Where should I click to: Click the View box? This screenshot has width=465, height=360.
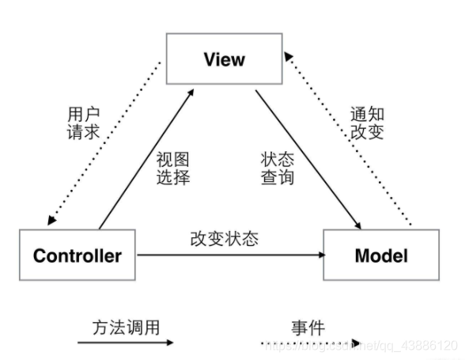tap(224, 60)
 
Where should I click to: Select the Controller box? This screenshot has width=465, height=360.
tap(77, 256)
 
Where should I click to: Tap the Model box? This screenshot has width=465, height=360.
tap(381, 256)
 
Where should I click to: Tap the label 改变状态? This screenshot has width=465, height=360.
tap(224, 238)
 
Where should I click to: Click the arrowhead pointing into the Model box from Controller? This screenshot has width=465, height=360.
tap(320, 256)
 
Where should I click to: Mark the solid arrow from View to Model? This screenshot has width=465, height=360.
tap(304, 158)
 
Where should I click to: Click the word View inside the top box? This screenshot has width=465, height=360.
tap(224, 60)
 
